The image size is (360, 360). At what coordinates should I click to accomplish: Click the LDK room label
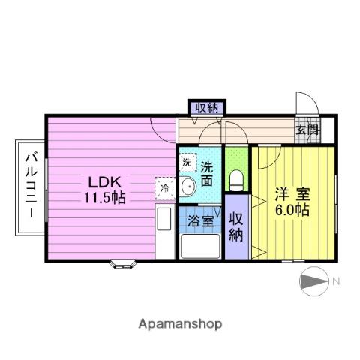[x=105, y=182]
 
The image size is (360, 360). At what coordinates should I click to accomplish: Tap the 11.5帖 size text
[x=105, y=197]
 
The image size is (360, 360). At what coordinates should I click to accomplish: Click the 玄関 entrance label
[x=307, y=130]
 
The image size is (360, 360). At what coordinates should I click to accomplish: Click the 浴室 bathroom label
[x=199, y=222]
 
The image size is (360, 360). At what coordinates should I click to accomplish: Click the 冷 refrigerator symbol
[x=164, y=188]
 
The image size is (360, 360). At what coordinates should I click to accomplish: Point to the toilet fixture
[x=237, y=179]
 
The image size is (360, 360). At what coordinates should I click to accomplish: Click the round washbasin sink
[x=187, y=188]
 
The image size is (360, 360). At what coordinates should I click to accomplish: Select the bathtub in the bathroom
[x=200, y=245]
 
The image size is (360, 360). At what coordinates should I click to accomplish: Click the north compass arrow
[x=312, y=281]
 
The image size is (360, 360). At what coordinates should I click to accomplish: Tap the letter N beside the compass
[x=336, y=281]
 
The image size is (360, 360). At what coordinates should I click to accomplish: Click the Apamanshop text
[x=180, y=324]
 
